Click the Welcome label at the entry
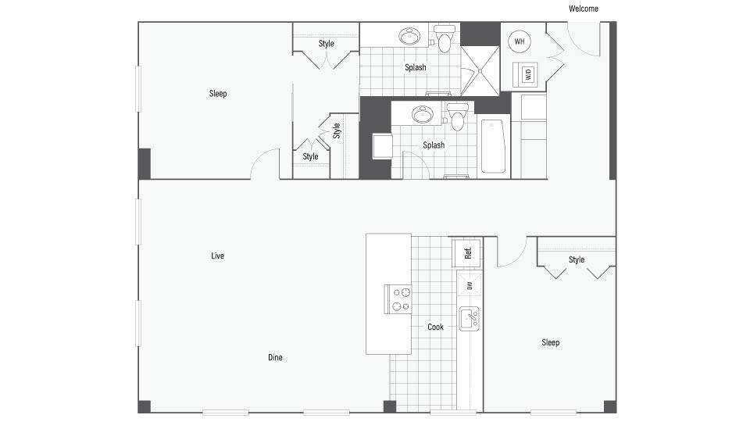click(584, 9)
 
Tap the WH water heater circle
click(520, 41)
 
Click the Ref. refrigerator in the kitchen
click(467, 252)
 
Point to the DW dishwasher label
click(470, 286)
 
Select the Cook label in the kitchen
click(435, 327)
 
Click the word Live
click(217, 256)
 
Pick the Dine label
click(275, 358)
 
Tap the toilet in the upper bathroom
click(445, 39)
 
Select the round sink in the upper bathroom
click(409, 36)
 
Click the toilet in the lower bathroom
click(457, 117)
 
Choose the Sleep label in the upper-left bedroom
click(218, 94)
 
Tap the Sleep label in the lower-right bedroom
click(551, 342)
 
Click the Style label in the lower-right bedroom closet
click(577, 259)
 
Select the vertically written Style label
click(337, 130)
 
